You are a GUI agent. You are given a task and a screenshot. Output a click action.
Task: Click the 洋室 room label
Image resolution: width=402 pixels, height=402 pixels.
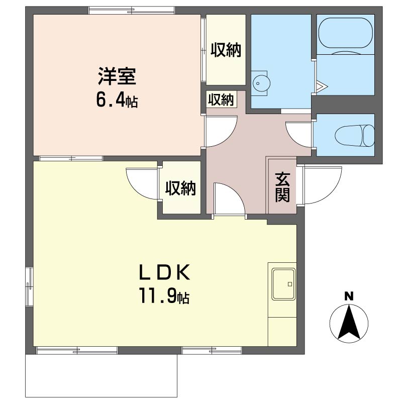point(117,76)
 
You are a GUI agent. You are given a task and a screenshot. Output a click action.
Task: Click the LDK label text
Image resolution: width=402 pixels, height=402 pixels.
point(164,272)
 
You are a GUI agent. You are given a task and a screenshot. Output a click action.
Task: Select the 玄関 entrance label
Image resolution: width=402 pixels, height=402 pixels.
point(282,187)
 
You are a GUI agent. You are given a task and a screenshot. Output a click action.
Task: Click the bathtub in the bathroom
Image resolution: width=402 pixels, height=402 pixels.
point(345,33)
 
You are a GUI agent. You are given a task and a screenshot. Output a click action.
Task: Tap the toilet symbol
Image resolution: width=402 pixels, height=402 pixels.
point(355,135)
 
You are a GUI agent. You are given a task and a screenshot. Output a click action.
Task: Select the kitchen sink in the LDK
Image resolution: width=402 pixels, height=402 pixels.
point(283,284)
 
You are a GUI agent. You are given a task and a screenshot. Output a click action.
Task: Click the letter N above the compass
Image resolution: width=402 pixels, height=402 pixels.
point(349,296)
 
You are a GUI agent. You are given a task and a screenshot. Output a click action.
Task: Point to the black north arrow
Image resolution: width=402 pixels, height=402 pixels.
point(349,322)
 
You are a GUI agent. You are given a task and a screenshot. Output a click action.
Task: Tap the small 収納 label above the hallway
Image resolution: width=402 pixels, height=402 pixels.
point(221,99)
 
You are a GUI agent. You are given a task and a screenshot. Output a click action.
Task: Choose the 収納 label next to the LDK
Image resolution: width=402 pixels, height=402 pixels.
point(180,188)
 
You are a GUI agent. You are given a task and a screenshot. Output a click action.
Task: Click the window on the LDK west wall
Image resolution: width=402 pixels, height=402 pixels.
point(29,286)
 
